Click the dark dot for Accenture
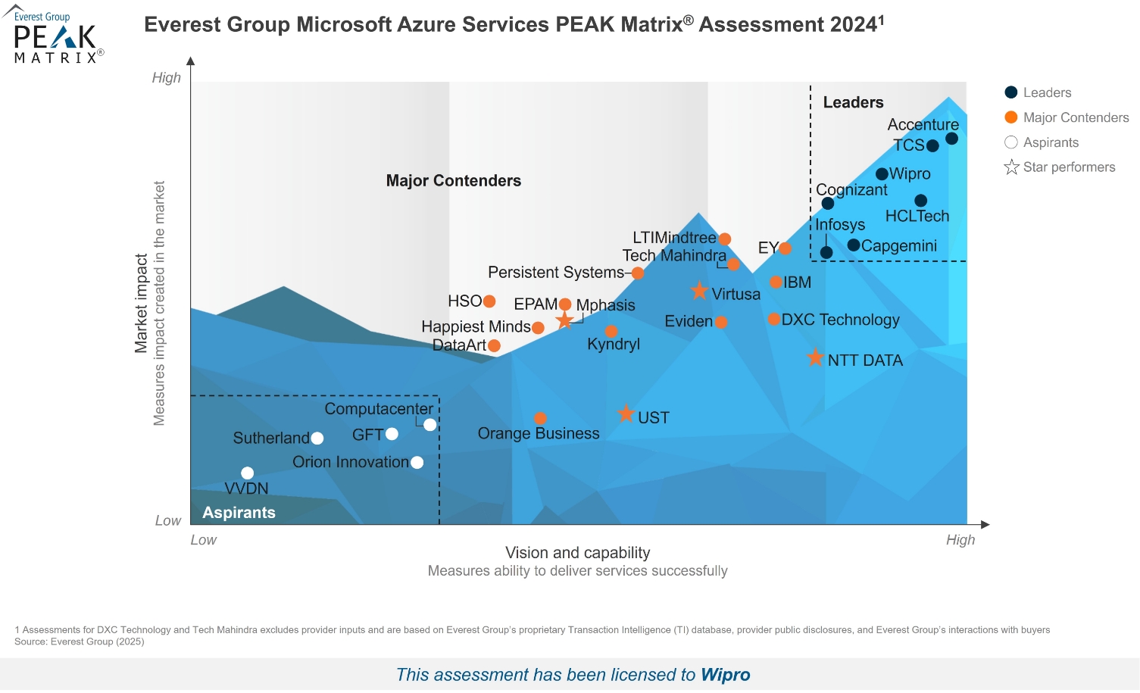point(951,139)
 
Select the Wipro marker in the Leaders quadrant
point(882,174)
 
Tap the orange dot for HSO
point(489,301)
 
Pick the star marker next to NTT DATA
point(815,357)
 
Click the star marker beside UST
point(626,414)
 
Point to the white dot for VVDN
point(247,473)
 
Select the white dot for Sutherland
point(317,439)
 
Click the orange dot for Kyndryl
point(611,331)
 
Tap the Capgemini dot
point(854,245)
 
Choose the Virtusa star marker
point(699,291)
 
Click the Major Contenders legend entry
point(1076,117)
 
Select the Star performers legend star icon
point(1011,167)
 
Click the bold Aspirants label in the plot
point(239,513)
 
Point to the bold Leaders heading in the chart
point(853,102)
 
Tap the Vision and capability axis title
point(577,553)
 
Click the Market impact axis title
point(141,303)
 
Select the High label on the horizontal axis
point(960,540)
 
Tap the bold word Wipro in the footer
point(725,675)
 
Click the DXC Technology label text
point(840,320)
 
